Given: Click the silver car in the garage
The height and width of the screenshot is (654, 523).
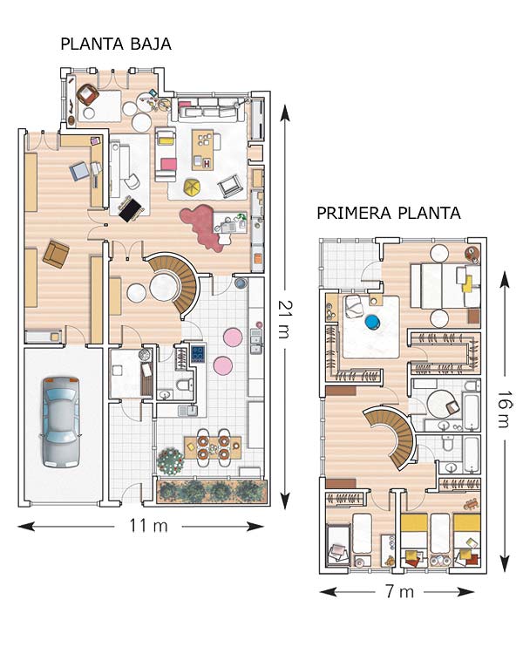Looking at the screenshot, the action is [61, 422].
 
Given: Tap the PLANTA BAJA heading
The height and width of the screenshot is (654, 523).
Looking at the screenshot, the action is [116, 44].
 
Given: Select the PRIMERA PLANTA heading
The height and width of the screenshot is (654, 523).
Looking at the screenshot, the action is [389, 213].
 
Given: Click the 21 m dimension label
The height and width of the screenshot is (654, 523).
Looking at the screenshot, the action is [285, 318].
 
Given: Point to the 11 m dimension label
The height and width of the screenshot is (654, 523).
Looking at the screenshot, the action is [148, 526].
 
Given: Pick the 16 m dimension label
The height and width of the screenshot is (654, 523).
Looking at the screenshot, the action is [505, 409].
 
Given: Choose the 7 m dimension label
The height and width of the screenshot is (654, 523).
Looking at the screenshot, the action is [399, 591].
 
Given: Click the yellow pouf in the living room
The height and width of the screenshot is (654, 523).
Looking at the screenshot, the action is [194, 187].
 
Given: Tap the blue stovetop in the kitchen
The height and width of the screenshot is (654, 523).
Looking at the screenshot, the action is [198, 353].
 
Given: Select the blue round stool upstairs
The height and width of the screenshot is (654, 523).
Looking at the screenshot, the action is [372, 322].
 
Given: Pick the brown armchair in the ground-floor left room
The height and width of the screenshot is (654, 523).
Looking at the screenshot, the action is [56, 254].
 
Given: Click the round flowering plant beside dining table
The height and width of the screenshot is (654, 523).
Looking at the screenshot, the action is [170, 461].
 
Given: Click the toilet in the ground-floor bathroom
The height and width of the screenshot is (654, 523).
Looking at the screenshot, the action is [185, 385].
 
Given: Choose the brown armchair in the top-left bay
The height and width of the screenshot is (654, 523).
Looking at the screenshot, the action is [87, 95].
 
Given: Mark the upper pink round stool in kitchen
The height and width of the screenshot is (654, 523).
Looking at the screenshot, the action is [233, 337].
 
